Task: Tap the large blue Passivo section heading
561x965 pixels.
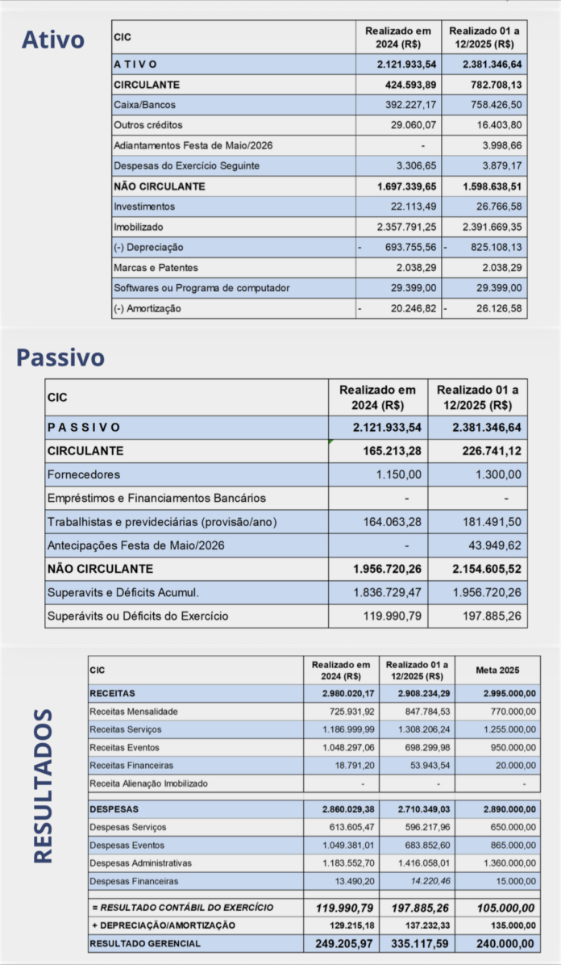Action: [60, 357]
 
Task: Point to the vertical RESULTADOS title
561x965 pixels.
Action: [44, 786]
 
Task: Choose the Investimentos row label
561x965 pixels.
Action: [144, 207]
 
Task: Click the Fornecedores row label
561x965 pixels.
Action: [84, 474]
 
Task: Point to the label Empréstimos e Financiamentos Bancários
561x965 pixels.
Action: [156, 498]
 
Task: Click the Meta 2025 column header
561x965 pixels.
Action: [497, 670]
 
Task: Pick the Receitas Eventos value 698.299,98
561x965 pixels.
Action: [424, 747]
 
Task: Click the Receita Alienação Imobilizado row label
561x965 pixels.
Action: [148, 783]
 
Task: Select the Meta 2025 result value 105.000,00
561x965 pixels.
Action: [501, 908]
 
